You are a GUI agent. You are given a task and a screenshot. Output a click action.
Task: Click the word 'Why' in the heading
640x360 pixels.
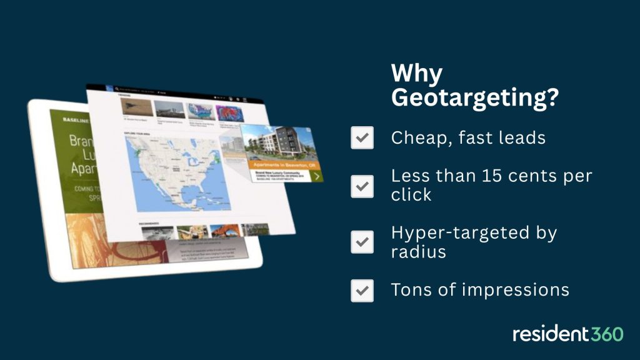[416, 74]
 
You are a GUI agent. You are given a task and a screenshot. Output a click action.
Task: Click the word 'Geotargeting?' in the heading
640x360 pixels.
[474, 99]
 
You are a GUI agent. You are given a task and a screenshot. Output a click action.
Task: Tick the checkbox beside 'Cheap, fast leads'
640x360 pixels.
[362, 137]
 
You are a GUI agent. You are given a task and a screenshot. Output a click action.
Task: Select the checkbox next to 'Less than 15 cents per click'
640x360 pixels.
[362, 186]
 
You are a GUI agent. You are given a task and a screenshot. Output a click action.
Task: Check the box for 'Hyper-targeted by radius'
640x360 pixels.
[362, 242]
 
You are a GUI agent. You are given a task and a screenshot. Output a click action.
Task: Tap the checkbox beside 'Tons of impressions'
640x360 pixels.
[362, 291]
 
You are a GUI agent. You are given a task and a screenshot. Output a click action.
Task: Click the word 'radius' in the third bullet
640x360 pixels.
[419, 251]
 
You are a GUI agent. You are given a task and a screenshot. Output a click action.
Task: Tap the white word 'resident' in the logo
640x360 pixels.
[549, 334]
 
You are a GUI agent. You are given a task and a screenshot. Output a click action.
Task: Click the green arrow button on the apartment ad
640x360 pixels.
[317, 176]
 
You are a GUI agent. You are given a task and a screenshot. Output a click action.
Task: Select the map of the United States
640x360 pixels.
[177, 172]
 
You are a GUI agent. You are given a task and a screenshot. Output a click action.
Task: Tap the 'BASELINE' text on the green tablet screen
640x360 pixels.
[74, 119]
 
